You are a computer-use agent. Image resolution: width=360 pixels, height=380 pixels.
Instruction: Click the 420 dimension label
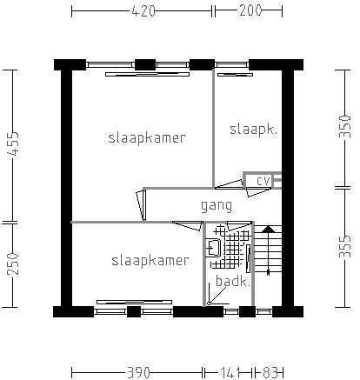pos(143,11)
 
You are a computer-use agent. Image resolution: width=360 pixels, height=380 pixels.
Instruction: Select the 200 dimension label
pos(250,10)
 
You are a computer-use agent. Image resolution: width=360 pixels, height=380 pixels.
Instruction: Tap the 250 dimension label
pos(13,263)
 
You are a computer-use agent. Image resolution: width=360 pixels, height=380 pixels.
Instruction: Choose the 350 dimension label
pos(345,126)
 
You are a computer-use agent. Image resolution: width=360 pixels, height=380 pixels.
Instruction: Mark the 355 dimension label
pos(345,246)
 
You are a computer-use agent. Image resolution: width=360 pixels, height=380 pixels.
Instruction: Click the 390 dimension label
pos(138,372)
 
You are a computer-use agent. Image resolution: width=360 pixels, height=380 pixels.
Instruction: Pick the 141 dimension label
pos(230,372)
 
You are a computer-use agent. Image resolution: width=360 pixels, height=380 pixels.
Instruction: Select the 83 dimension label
pos(270,372)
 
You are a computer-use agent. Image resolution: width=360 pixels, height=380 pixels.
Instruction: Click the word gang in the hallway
pos(217,206)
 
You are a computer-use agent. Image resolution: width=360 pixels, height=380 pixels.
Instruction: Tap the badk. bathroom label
pos(233,281)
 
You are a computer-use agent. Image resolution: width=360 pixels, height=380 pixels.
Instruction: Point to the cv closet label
pos(263,181)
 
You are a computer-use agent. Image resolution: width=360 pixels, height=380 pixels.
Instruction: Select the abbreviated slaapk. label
pos(253,130)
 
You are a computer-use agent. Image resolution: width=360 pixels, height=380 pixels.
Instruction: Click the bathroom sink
pos(213,248)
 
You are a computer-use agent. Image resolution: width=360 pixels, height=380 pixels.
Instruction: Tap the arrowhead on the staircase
pos(269,230)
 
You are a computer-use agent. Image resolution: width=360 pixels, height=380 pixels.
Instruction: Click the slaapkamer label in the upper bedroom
pos(147,138)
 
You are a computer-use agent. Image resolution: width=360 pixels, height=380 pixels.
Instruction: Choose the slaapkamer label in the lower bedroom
pos(150,261)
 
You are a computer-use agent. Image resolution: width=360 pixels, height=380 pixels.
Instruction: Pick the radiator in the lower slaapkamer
pos(134,302)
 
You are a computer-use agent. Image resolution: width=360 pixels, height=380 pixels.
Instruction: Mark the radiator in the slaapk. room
pos(235,75)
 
